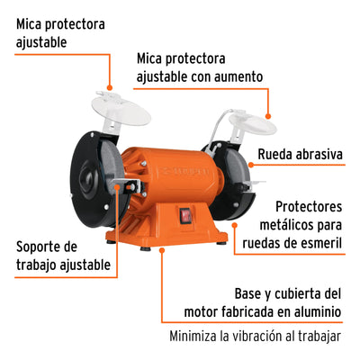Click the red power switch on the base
pyautogui.click(x=184, y=215)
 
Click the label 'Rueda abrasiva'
pyautogui.click(x=300, y=155)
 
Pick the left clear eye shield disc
pyautogui.click(x=121, y=110)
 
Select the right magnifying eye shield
pyautogui.click(x=253, y=122)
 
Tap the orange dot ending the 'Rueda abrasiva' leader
pyautogui.click(x=251, y=165)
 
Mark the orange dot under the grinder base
pyautogui.click(x=162, y=249)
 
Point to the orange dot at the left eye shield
pyautogui.click(x=110, y=88)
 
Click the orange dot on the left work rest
pyautogui.click(x=117, y=187)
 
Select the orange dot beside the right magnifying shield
pyautogui.click(x=268, y=116)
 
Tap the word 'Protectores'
pyautogui.click(x=309, y=207)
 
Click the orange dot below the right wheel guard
pyautogui.click(x=235, y=225)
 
